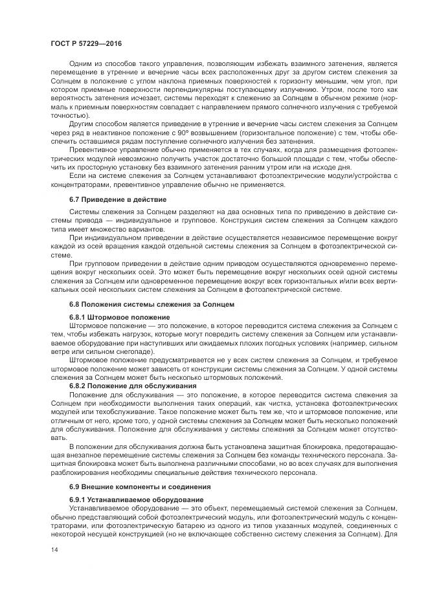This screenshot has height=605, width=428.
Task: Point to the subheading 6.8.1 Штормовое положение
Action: coord(119,317)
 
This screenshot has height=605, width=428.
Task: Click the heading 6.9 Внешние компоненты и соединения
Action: coord(139,486)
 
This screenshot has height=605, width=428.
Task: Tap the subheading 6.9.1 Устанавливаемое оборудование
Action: coord(137,500)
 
